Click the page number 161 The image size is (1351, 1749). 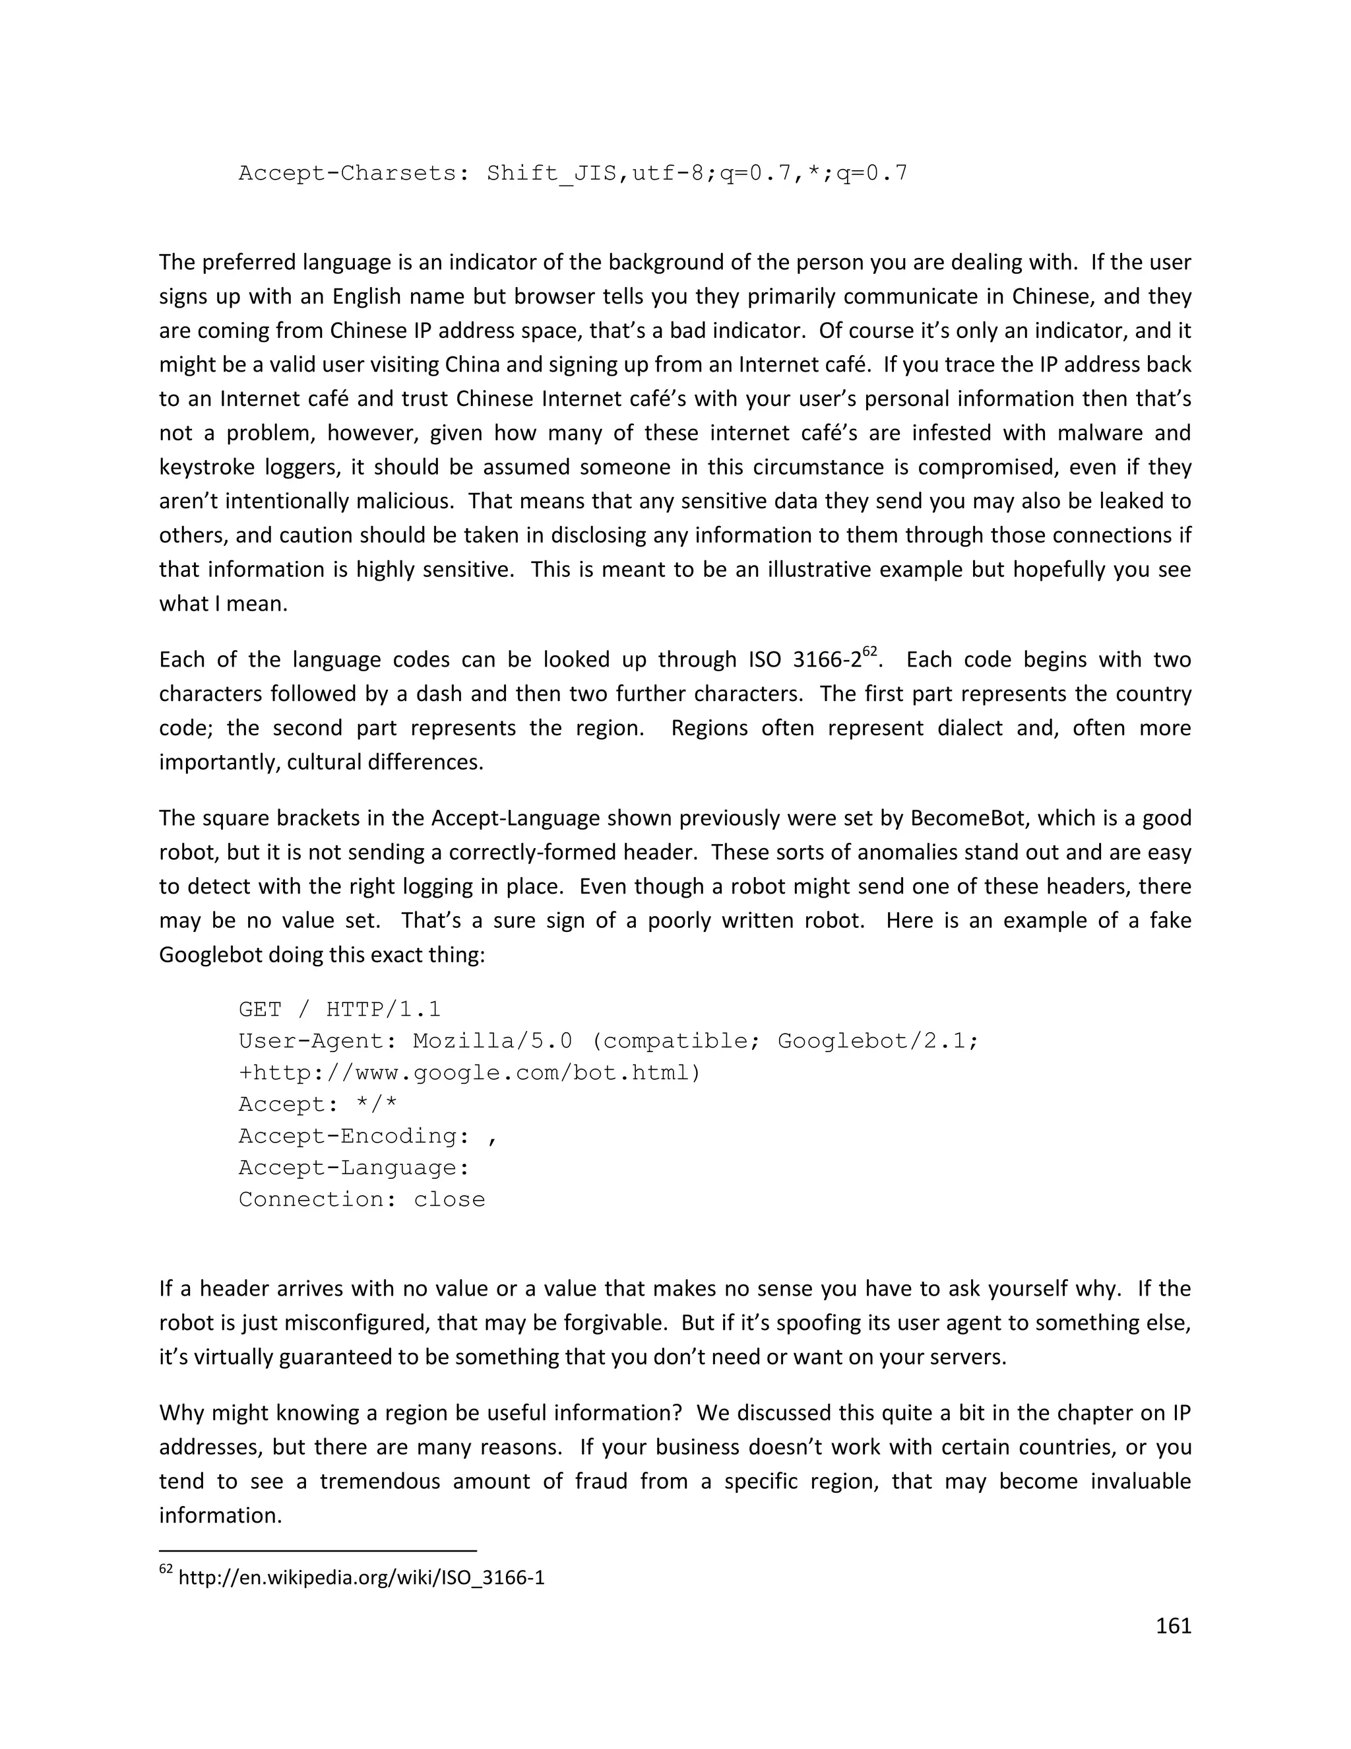click(x=1174, y=1626)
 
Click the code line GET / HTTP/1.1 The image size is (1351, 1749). click(x=339, y=1009)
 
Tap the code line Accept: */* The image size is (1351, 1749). click(x=318, y=1104)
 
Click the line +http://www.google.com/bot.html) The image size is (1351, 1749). click(x=469, y=1072)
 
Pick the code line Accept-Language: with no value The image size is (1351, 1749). click(x=354, y=1168)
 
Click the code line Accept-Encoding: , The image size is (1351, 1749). click(x=368, y=1136)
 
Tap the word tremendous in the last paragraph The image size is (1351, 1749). click(x=379, y=1481)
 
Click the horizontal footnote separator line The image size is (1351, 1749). click(x=318, y=1551)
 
